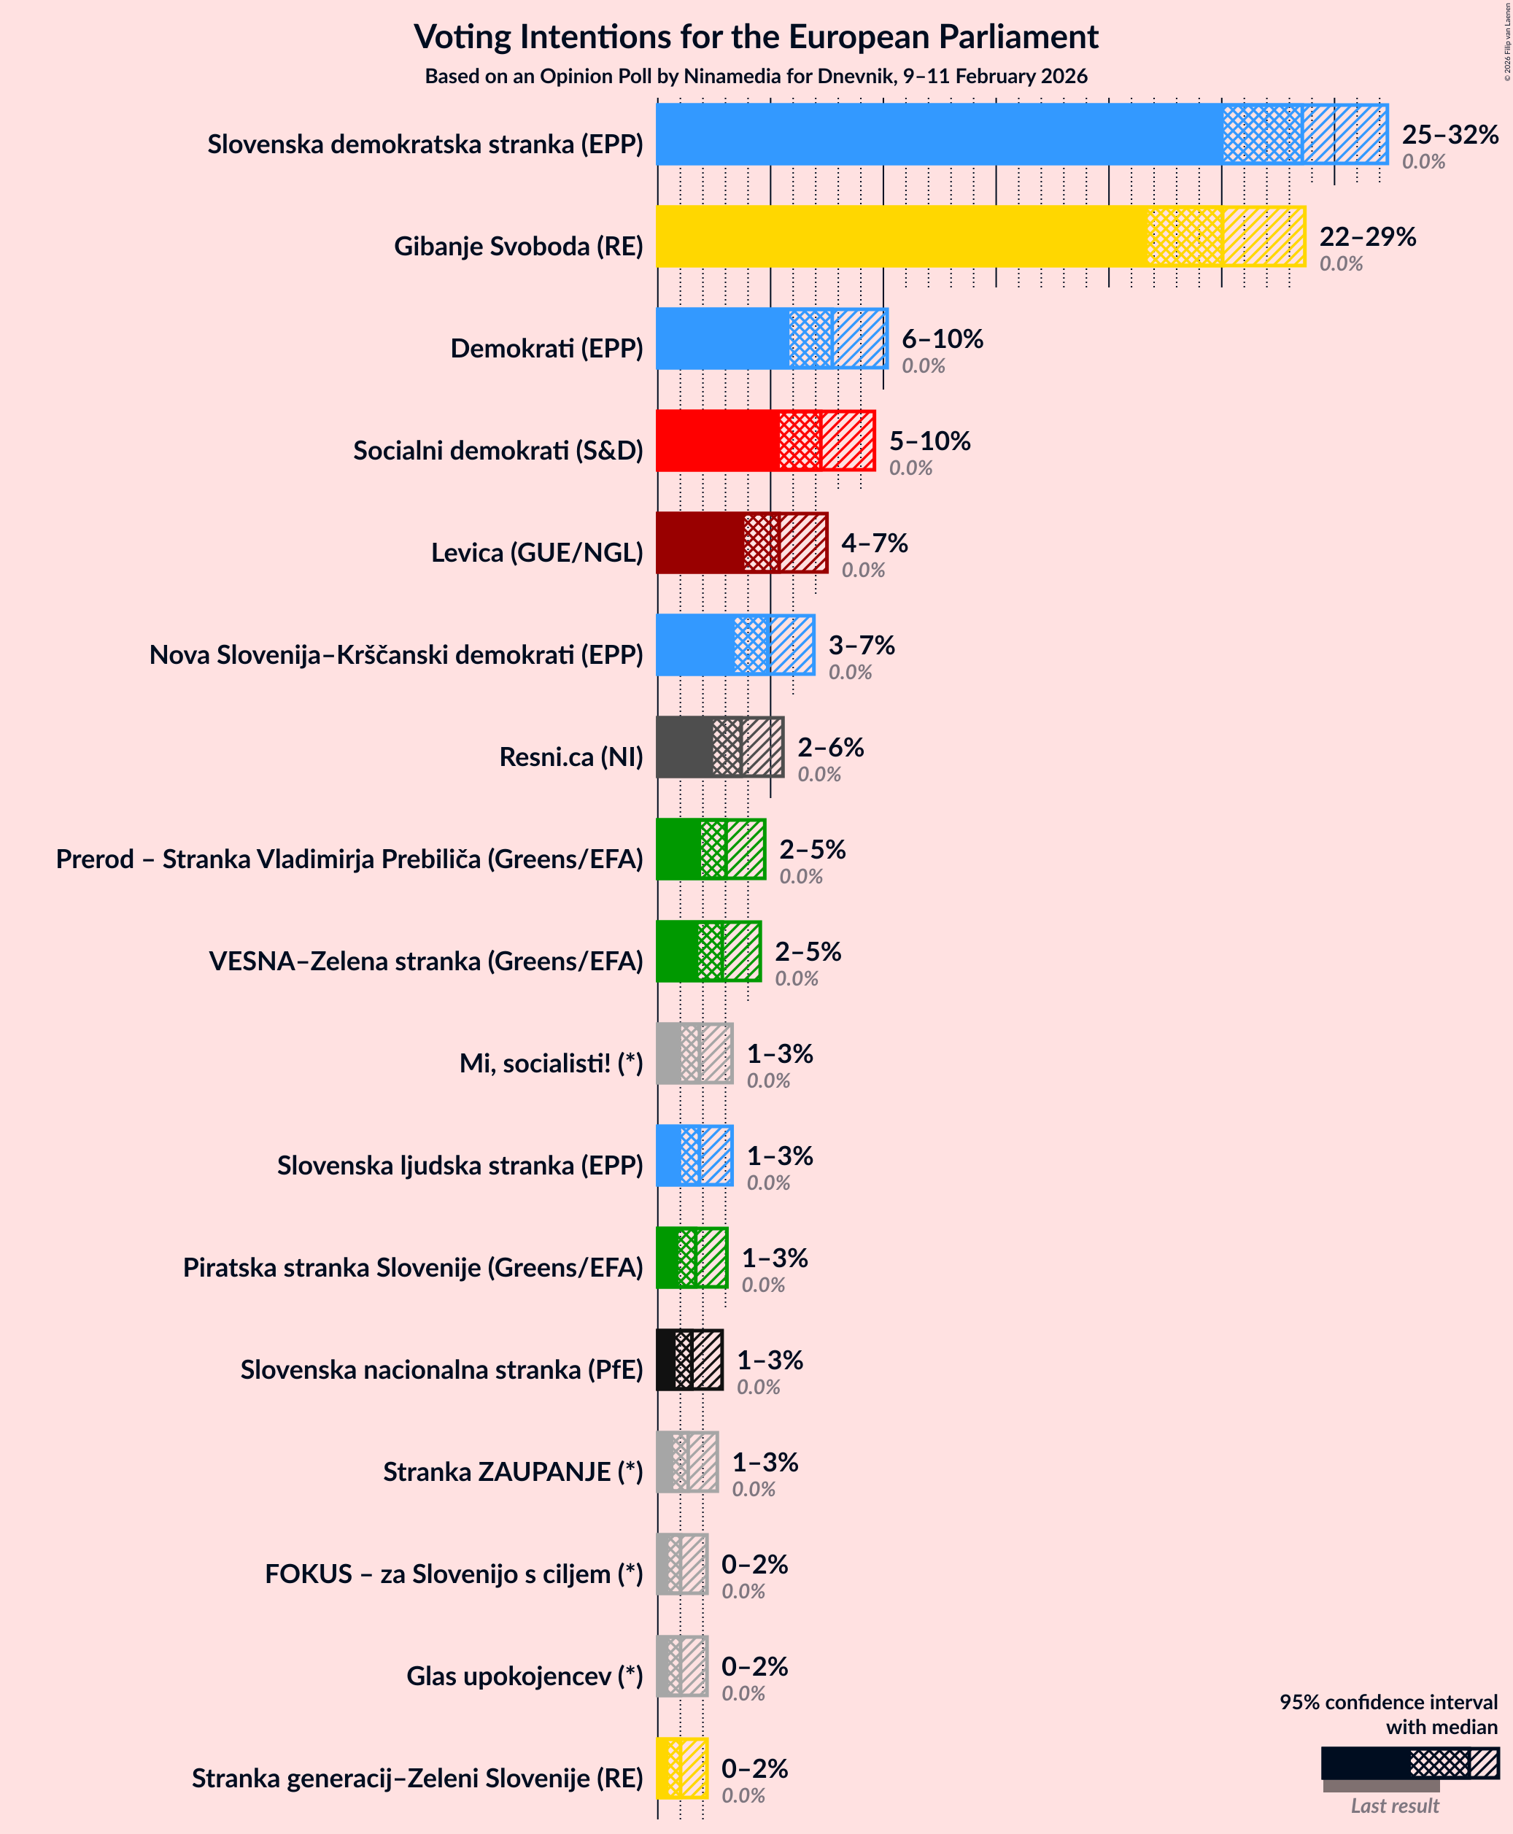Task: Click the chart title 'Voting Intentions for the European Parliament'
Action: [x=756, y=36]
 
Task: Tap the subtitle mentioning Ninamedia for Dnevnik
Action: [x=756, y=77]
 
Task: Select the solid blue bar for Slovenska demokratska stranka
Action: [x=937, y=134]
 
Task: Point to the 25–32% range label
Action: [x=1450, y=134]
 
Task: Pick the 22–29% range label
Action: [x=1366, y=236]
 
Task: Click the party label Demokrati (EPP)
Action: [x=546, y=349]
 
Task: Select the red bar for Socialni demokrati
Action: [x=717, y=440]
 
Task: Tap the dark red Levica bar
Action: [x=700, y=542]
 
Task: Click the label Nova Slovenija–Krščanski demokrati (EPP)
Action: [x=395, y=654]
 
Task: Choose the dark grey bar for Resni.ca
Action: [x=684, y=747]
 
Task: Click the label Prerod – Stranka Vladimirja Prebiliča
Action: [x=349, y=859]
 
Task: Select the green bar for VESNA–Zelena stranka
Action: [x=677, y=951]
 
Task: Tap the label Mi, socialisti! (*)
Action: [x=551, y=1064]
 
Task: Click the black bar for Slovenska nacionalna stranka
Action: [x=666, y=1360]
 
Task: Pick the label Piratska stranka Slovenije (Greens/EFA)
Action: [x=412, y=1267]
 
